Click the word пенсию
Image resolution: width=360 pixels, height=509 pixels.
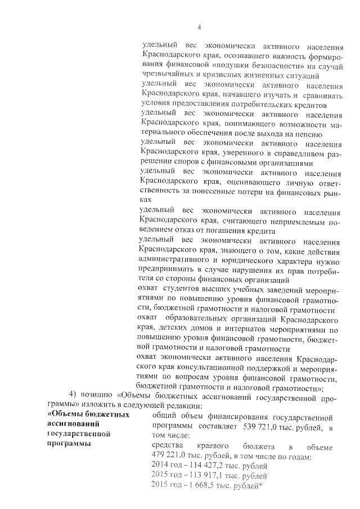tap(309, 135)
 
